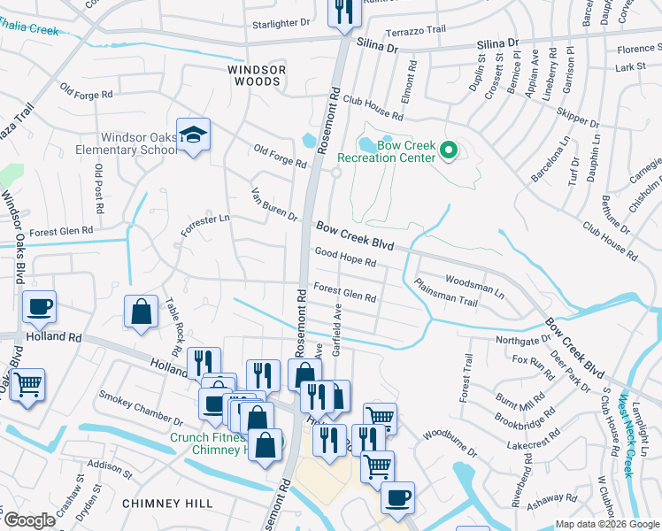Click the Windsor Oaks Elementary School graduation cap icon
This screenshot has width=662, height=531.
193,135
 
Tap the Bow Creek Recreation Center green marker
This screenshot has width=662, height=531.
448,151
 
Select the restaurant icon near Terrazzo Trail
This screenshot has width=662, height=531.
343,11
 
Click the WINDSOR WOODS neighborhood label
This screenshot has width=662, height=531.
254,74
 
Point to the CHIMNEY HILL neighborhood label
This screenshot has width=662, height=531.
167,503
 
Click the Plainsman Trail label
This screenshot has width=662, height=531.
445,292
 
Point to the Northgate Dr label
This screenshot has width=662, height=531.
522,340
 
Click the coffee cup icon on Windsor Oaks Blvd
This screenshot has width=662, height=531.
39,307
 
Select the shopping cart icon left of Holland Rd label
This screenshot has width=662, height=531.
27,385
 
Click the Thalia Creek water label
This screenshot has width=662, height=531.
30,29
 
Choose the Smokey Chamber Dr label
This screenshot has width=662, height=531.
141,406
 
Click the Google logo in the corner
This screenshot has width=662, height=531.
28,520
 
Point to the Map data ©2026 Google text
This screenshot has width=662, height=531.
606,524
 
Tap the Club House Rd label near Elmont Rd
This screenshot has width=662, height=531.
373,108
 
